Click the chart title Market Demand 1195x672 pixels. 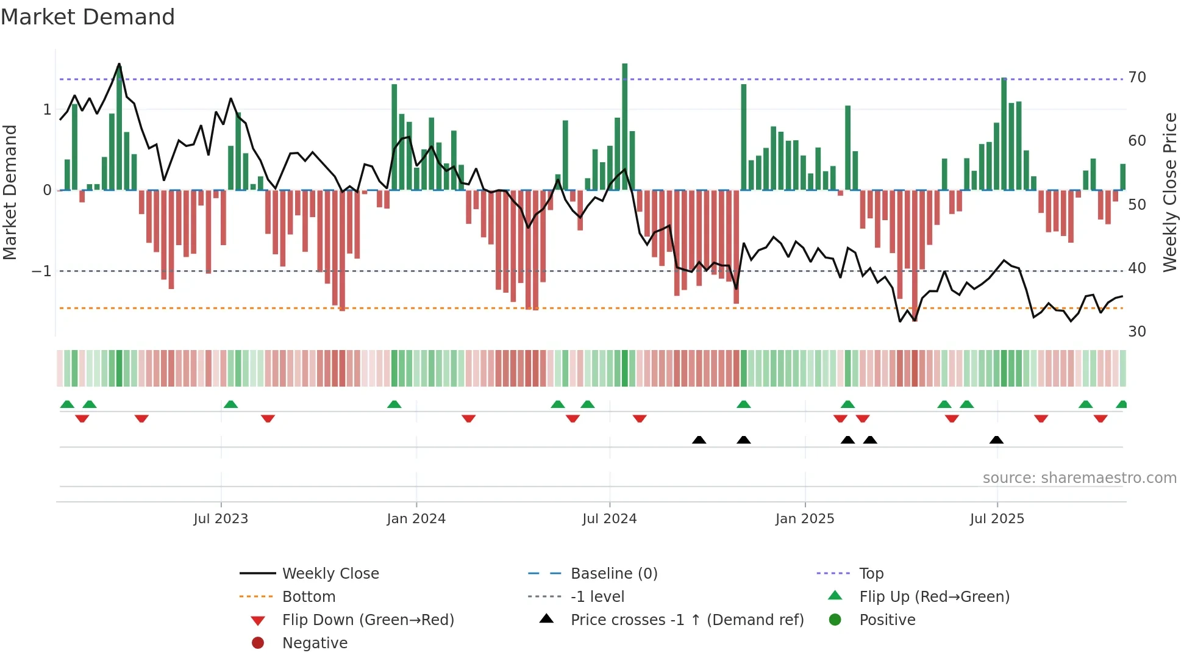click(88, 17)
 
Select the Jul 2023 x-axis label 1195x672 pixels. click(221, 519)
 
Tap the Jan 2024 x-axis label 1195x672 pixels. click(416, 519)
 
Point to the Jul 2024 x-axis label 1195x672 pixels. click(610, 519)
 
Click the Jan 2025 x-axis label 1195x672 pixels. click(805, 519)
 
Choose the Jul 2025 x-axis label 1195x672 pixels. click(997, 519)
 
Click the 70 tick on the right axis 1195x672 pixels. click(1137, 77)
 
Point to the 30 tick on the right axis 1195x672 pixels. click(1137, 332)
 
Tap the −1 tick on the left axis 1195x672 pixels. click(41, 271)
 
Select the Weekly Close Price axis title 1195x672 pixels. click(1169, 192)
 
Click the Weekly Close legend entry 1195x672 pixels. click(330, 574)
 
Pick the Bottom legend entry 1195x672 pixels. click(309, 597)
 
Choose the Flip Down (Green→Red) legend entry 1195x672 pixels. click(368, 620)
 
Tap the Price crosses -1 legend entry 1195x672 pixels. click(687, 620)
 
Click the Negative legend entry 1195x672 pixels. click(315, 643)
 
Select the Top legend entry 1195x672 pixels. click(871, 574)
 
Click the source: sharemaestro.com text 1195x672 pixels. click(1079, 478)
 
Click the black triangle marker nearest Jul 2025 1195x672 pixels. click(996, 440)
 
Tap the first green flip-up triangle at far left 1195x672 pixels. click(67, 404)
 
